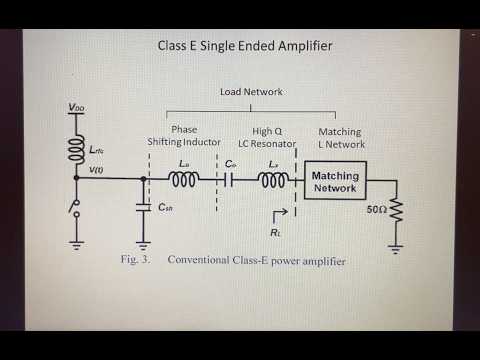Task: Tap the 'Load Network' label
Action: pos(250,90)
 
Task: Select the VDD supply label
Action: pos(75,107)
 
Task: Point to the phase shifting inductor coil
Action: pos(186,180)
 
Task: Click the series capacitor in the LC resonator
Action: pos(229,180)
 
